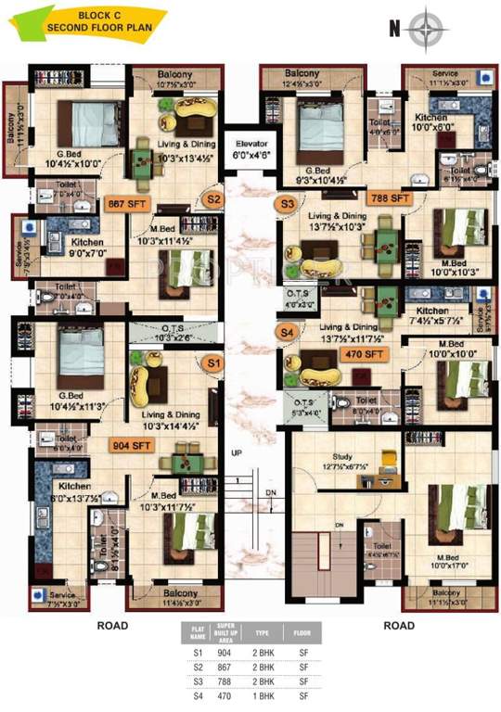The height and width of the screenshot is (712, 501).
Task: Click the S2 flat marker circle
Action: tap(213, 198)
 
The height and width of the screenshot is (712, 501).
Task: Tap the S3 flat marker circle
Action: tap(287, 203)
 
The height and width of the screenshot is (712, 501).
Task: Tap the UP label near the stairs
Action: tap(238, 452)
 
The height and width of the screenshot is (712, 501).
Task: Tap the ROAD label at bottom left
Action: tap(112, 626)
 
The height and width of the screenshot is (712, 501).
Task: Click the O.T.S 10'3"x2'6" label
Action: tap(174, 334)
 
